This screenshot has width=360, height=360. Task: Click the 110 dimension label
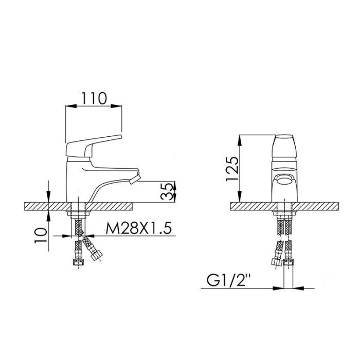[x=94, y=98]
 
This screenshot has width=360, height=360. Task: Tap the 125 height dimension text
[x=232, y=169]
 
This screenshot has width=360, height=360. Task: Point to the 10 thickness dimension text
[x=41, y=236]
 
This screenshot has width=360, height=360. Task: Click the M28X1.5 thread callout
[x=139, y=228]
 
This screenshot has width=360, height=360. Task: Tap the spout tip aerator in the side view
[x=135, y=179]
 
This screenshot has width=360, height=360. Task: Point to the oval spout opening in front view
[x=285, y=179]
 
